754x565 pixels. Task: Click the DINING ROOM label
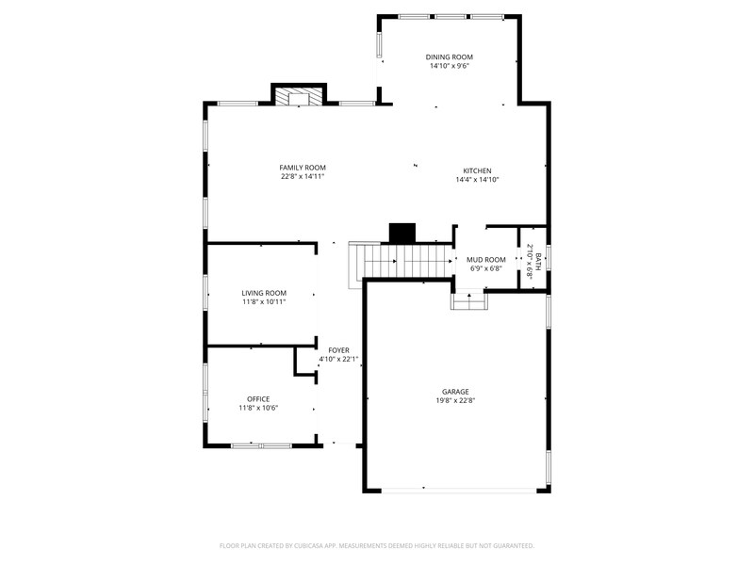tap(450, 56)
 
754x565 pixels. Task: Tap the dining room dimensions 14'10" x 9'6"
tap(450, 66)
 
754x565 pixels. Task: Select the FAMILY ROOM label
tap(303, 168)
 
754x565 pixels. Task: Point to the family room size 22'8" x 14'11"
tap(303, 177)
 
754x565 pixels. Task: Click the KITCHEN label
tap(477, 170)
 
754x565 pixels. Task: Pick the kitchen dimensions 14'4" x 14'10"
tap(477, 180)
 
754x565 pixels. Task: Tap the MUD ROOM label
tap(486, 260)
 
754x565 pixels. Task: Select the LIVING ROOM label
tap(264, 293)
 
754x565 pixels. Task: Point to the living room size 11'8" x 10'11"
tap(264, 302)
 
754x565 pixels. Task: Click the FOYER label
tap(338, 350)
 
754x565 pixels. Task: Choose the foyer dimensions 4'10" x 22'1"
tap(338, 359)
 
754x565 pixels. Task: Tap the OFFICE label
tap(258, 398)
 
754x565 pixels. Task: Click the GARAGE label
tap(455, 392)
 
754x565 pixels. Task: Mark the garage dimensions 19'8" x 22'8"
tap(455, 401)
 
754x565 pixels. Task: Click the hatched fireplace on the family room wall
tap(299, 98)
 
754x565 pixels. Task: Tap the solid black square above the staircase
tap(402, 233)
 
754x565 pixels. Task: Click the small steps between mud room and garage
tap(468, 300)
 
